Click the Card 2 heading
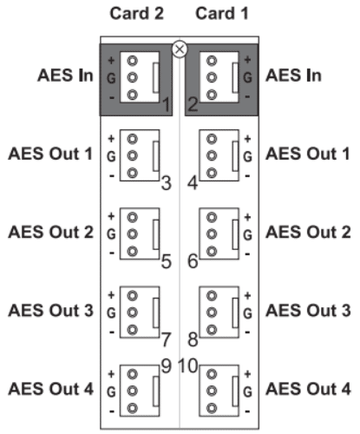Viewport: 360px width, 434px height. tap(136, 13)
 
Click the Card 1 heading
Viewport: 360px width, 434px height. tap(222, 13)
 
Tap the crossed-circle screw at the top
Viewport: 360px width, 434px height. tap(180, 49)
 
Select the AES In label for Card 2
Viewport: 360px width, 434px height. tap(65, 76)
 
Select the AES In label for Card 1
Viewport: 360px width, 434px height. tap(293, 76)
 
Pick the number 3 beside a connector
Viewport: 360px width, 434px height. tap(167, 183)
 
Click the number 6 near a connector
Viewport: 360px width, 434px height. tap(193, 261)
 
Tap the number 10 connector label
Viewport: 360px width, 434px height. tap(188, 365)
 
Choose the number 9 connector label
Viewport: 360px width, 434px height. tap(167, 365)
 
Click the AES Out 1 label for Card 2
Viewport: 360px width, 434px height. tap(50, 154)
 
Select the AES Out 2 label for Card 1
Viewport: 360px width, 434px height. tap(308, 232)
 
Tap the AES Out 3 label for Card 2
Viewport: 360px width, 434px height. tap(51, 311)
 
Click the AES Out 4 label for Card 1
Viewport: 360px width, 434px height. tap(308, 389)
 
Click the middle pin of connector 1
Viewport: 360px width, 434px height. tap(133, 77)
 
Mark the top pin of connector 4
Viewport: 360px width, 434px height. tap(212, 139)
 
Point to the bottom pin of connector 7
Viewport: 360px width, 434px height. tap(133, 330)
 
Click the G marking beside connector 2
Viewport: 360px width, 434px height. tap(247, 77)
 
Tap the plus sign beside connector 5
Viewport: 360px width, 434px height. tap(111, 216)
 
